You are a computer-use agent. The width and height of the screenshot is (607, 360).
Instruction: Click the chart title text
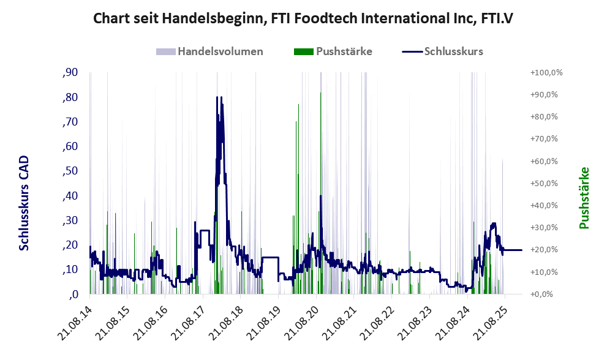coord(303,18)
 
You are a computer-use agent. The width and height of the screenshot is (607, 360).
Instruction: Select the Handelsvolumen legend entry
coord(220,51)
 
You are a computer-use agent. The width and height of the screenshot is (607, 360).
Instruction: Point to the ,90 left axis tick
coord(70,73)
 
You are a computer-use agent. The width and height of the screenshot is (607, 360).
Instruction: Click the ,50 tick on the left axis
coord(70,171)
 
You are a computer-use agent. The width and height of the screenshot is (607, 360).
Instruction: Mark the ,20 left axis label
coord(70,245)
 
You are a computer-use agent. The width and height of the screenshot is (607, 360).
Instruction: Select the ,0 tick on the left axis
coord(74,294)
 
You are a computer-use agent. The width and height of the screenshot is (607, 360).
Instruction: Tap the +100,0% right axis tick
coord(546,73)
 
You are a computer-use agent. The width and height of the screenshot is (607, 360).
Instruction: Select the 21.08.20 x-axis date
coord(304,320)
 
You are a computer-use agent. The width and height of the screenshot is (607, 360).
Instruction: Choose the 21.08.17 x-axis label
coord(191,320)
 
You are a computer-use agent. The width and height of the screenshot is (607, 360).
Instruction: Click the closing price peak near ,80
coord(217,97)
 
